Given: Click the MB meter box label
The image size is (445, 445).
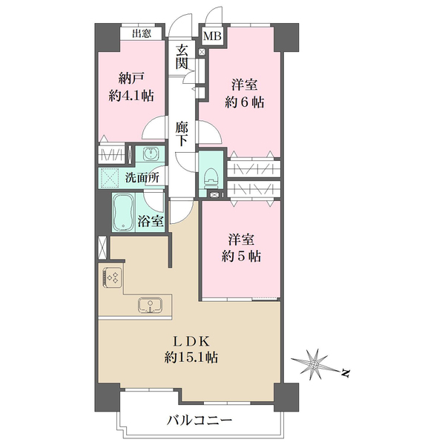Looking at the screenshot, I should click(212, 36).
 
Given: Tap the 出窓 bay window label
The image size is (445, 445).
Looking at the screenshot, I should click(143, 33).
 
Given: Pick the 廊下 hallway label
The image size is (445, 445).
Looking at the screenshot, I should click(182, 134).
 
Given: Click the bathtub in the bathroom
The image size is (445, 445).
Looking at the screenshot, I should click(123, 213).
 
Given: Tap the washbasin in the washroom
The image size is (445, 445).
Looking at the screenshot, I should click(151, 155).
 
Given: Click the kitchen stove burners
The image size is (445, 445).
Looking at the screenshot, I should click(113, 277).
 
